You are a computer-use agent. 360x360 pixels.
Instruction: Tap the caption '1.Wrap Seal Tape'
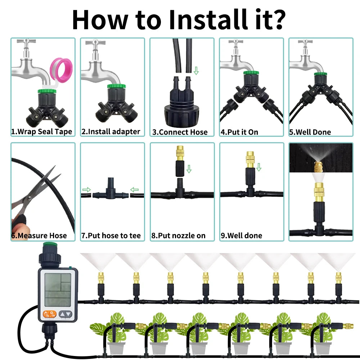pyautogui.click(x=41, y=132)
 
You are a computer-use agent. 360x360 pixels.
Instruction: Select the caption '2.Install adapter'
pyautogui.click(x=111, y=132)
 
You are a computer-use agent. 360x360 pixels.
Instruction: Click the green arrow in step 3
pyautogui.click(x=196, y=71)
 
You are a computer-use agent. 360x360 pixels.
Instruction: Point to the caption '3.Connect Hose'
pyautogui.click(x=180, y=132)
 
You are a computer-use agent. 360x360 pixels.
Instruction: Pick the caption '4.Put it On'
pyautogui.click(x=239, y=132)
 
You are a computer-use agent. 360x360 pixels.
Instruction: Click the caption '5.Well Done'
pyautogui.click(x=310, y=132)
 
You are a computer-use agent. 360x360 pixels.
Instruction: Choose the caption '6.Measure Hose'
pyautogui.click(x=39, y=235)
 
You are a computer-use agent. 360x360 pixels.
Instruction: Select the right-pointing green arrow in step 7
pyautogui.click(x=86, y=190)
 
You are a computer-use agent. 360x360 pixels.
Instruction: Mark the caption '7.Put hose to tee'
pyautogui.click(x=111, y=235)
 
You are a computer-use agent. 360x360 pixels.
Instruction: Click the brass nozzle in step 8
pyautogui.click(x=180, y=153)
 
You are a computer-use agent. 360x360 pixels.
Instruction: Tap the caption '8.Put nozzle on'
pyautogui.click(x=179, y=235)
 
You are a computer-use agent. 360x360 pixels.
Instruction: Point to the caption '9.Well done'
pyautogui.click(x=242, y=235)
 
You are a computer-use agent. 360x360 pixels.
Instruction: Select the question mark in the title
pyautogui.click(x=278, y=19)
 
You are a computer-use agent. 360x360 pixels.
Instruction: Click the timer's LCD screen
pyautogui.click(x=58, y=290)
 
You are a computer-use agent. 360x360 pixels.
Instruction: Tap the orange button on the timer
pyautogui.click(x=49, y=314)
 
